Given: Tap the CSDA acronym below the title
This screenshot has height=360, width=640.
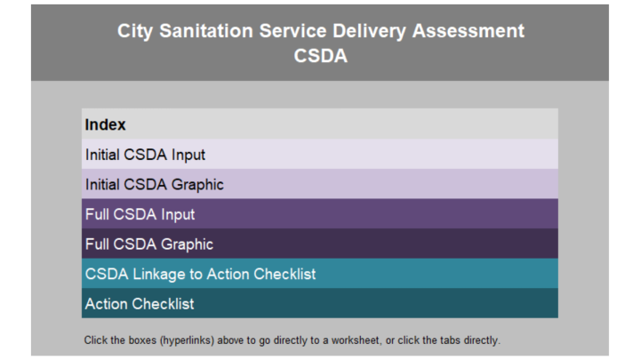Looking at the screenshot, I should tap(320, 56).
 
